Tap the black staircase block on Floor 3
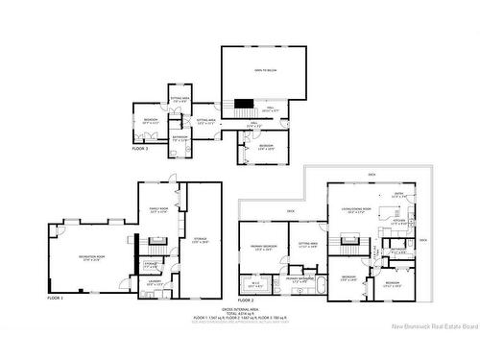pyautogui.click(x=245, y=104)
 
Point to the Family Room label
pyautogui.click(x=158, y=209)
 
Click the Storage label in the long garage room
pyautogui.click(x=200, y=240)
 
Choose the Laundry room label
pyautogui.click(x=154, y=282)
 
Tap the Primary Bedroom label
pyautogui.click(x=264, y=247)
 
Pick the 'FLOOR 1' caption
pyautogui.click(x=55, y=299)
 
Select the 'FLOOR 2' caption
pyautogui.click(x=246, y=300)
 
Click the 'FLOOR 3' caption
pyautogui.click(x=139, y=149)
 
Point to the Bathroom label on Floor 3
pyautogui.click(x=180, y=137)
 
